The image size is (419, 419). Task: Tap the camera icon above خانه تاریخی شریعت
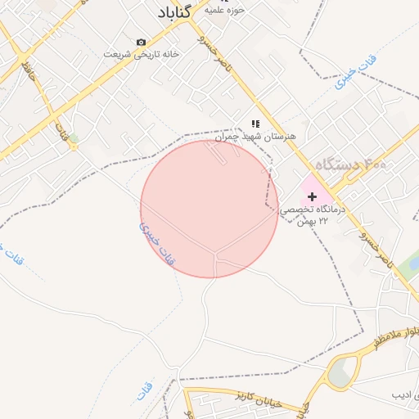click(x=142, y=42)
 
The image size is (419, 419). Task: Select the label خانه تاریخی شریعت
click(x=141, y=54)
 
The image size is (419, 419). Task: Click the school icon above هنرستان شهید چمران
click(x=255, y=124)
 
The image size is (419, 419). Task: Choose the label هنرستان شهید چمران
click(x=255, y=137)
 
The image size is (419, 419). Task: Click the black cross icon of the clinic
click(x=312, y=196)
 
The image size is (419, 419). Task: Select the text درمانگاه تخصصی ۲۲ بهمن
click(x=314, y=215)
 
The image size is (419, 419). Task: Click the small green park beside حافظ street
click(x=73, y=139)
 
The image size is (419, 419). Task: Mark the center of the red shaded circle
click(x=209, y=209)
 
